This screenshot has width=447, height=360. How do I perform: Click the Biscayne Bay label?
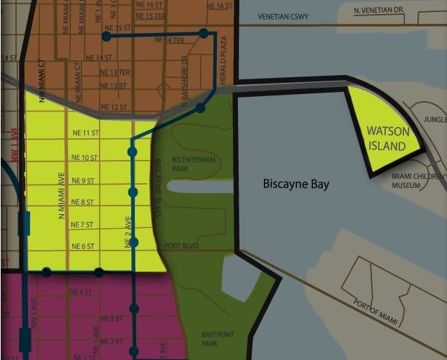[295, 185]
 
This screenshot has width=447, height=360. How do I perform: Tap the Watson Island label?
[386, 138]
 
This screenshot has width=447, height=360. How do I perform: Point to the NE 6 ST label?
[84, 246]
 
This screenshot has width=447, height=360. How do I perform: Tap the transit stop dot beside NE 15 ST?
[106, 36]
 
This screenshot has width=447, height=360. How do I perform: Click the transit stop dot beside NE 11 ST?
[132, 151]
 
